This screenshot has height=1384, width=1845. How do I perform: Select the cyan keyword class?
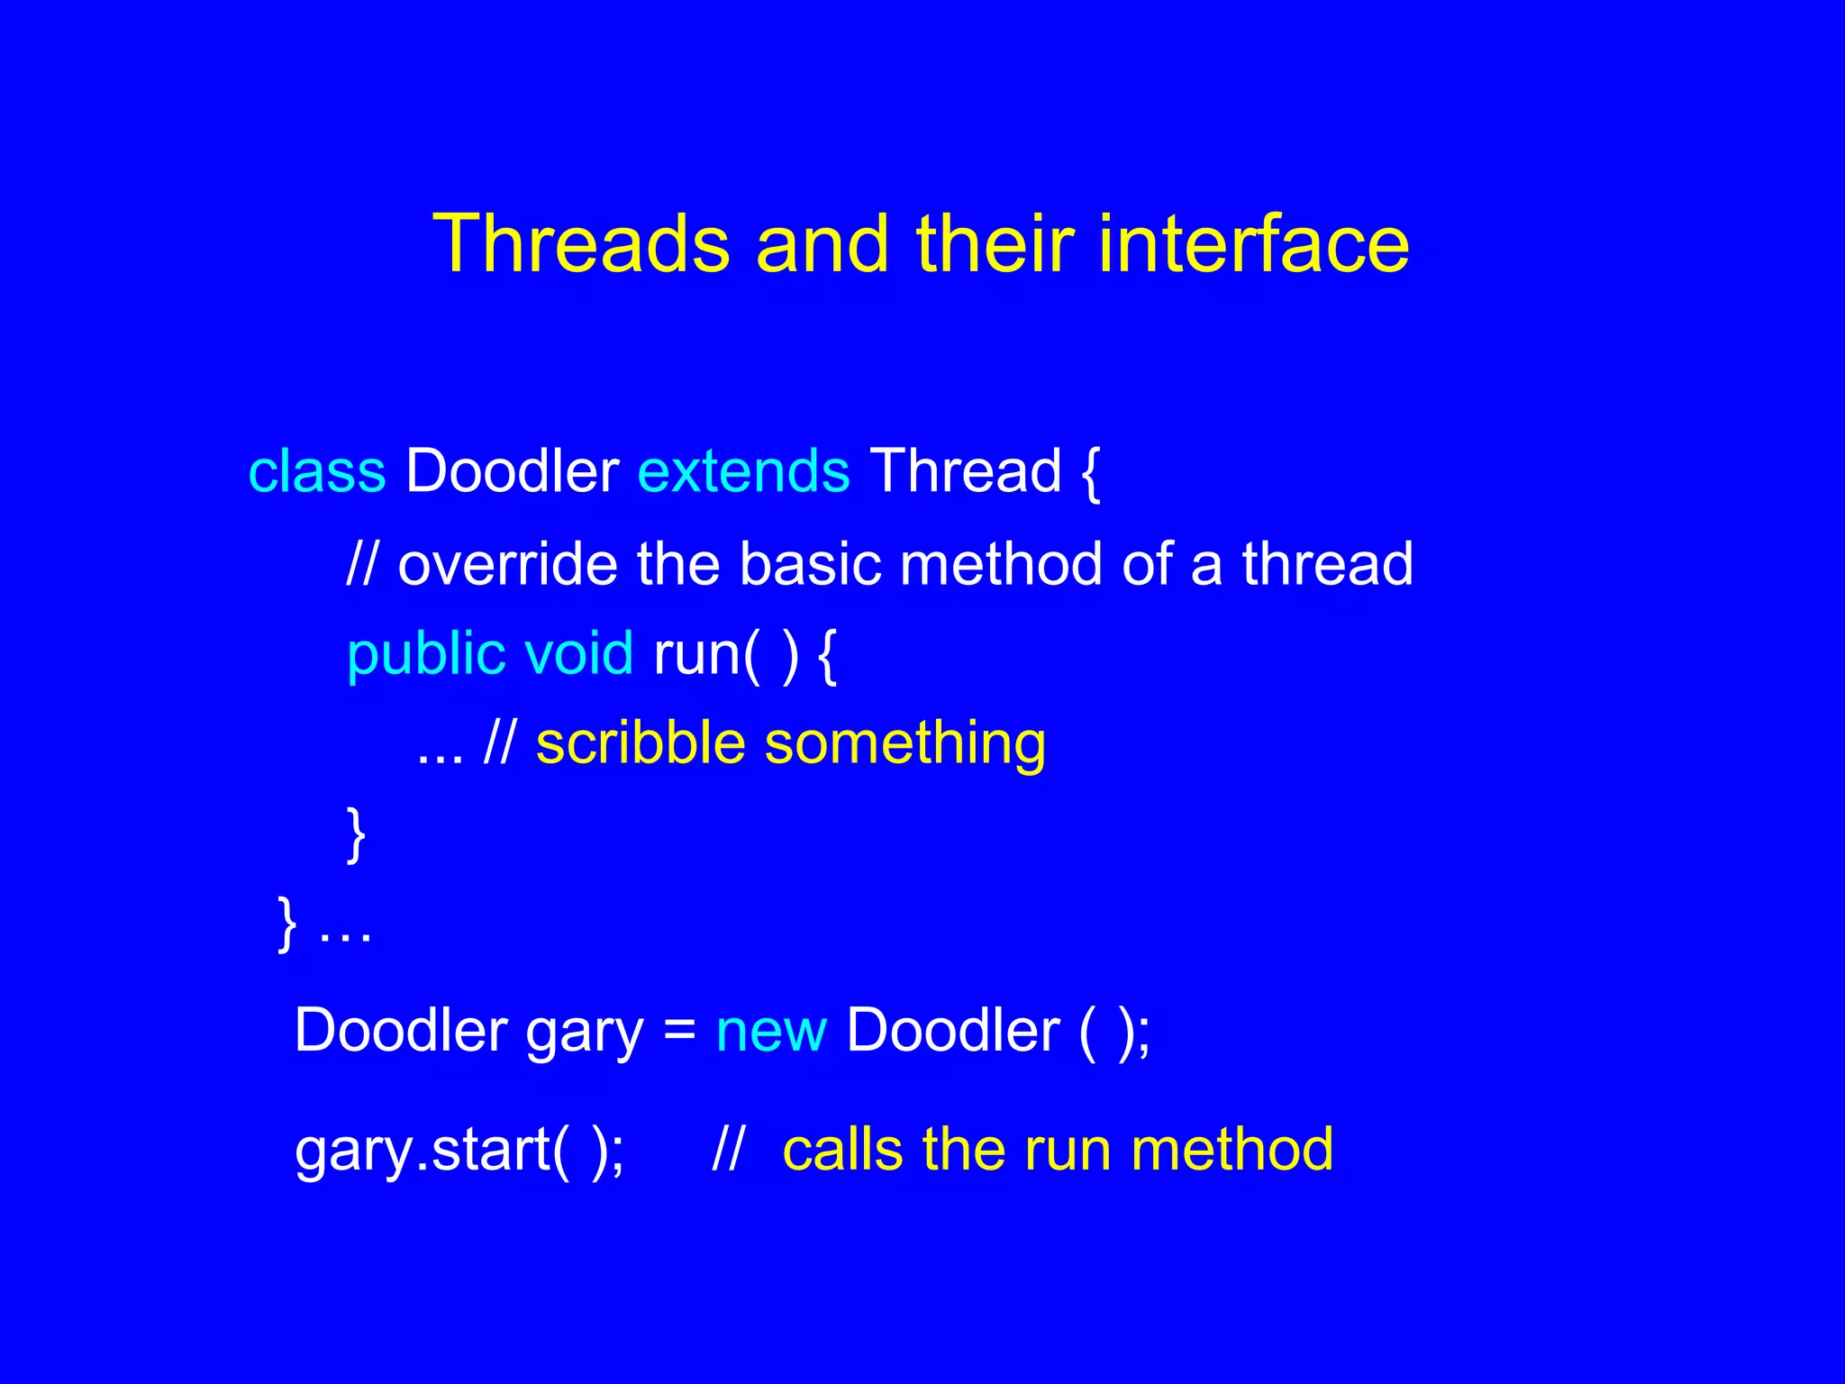coord(316,471)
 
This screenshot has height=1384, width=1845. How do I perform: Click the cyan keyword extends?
coord(743,471)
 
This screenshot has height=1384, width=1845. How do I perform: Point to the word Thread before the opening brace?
coord(966,471)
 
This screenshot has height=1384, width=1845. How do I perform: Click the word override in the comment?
coord(507,565)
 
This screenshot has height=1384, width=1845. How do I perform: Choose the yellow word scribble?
coord(641,744)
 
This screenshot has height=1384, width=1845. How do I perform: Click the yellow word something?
coord(904,746)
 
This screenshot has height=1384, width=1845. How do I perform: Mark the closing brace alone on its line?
coord(356,834)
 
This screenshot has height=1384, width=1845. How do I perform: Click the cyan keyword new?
coord(771,1032)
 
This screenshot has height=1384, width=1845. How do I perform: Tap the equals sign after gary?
coord(679,1030)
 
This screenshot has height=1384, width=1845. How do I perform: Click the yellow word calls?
coord(842,1151)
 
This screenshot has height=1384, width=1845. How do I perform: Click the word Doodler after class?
coord(512,471)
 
